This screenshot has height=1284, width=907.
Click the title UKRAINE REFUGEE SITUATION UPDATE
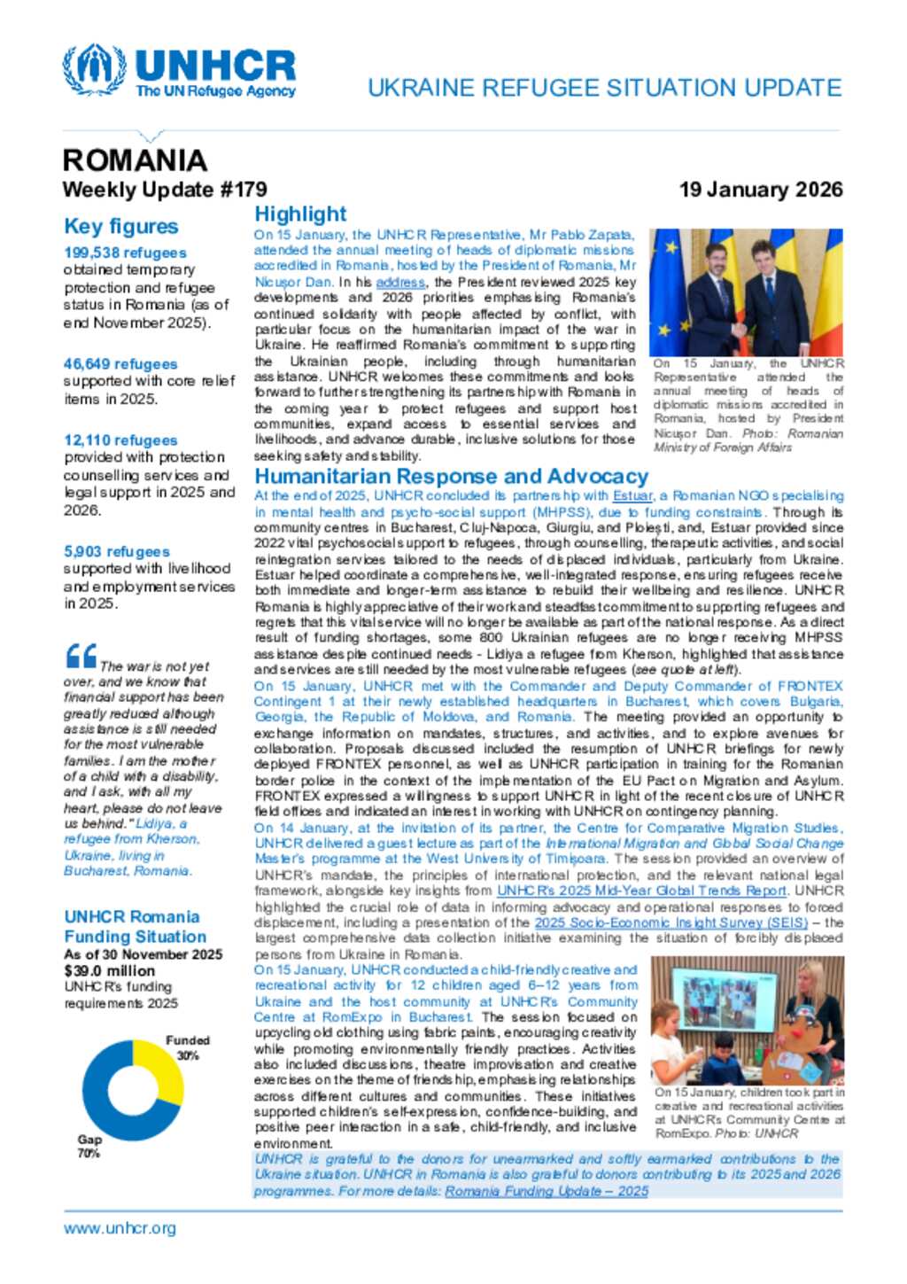point(604,88)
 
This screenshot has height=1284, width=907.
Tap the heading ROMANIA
point(135,160)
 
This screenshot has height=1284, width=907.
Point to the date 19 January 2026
point(760,190)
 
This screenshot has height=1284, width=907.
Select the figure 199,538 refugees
point(125,253)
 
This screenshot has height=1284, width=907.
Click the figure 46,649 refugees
point(120,364)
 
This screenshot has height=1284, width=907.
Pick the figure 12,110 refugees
point(120,440)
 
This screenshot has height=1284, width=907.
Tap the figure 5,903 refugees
point(116,551)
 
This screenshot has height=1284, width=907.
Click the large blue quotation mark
point(81,656)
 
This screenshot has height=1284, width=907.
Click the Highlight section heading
point(300,214)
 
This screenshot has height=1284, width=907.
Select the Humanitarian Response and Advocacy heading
point(452,477)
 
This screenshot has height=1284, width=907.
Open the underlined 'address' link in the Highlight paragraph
point(400,282)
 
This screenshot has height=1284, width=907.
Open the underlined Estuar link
point(632,496)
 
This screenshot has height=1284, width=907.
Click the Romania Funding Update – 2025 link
point(547,1191)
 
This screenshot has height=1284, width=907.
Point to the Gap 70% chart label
point(89,1146)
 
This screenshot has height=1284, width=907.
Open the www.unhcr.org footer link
point(120,1228)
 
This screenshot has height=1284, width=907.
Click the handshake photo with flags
point(746,292)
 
